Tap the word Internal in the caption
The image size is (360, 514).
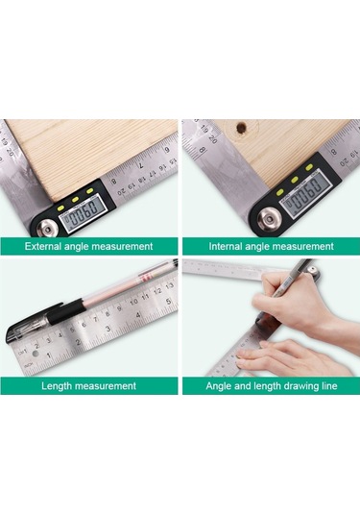click(x=227, y=246)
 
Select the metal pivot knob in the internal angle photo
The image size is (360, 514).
click(x=262, y=222)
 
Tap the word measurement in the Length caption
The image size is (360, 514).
click(x=108, y=386)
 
